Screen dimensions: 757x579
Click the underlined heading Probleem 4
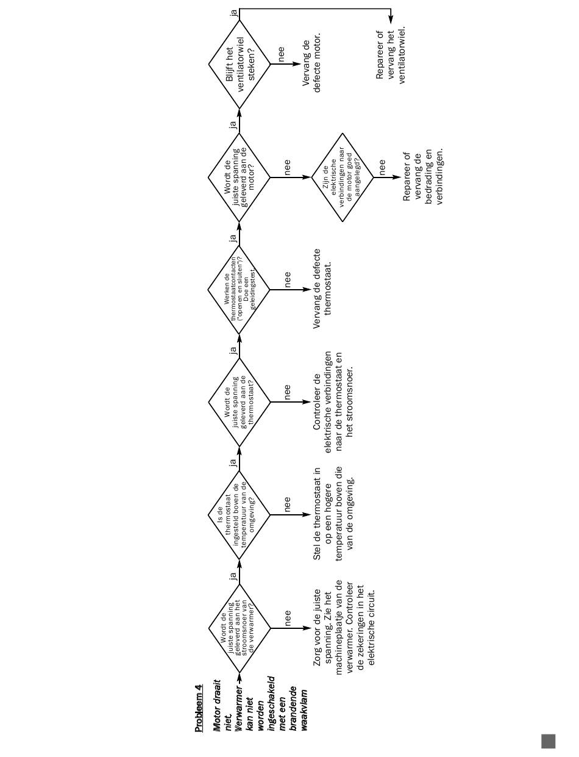(x=199, y=708)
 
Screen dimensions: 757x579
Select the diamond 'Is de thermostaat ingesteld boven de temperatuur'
(x=239, y=514)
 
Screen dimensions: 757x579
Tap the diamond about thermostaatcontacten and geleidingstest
(x=239, y=289)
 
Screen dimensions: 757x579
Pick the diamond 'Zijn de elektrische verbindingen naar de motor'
(x=342, y=178)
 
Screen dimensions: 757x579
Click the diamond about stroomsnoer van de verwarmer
(x=239, y=627)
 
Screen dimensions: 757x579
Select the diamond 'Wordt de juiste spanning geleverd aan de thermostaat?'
(x=239, y=402)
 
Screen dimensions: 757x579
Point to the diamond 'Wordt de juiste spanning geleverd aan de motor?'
(x=239, y=178)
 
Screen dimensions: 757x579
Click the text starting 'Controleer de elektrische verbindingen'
(x=333, y=402)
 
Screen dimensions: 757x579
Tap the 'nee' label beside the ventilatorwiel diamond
(x=282, y=54)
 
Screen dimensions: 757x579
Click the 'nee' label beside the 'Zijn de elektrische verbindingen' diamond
(x=382, y=166)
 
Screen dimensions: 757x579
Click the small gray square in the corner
(x=548, y=741)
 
